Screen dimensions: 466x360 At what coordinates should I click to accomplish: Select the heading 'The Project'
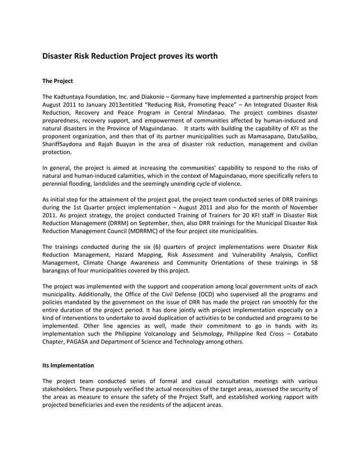click(x=58, y=81)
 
